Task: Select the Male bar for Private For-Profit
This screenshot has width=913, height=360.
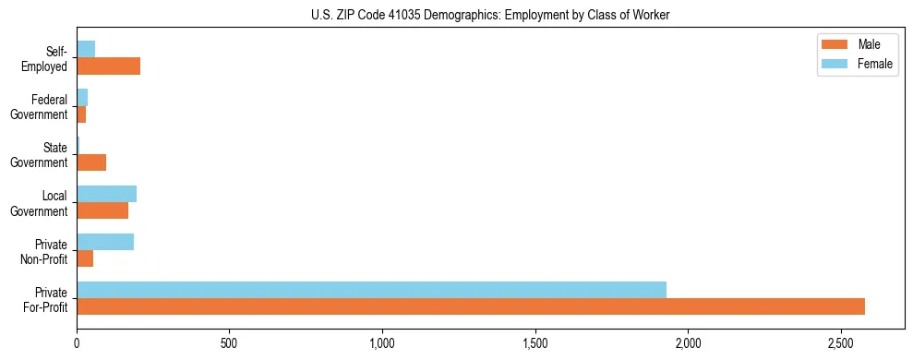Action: [470, 306]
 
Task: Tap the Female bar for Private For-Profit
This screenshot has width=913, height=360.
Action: [371, 290]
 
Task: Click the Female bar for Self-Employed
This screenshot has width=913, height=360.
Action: [86, 49]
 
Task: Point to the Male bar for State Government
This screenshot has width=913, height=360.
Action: [91, 162]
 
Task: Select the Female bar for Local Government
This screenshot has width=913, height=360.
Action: [106, 194]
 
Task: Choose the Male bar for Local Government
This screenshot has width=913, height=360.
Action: [102, 210]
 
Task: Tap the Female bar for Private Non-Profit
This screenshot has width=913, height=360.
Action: [105, 242]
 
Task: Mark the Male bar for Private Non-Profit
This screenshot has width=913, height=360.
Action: [85, 258]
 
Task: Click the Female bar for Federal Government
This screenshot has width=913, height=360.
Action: [82, 97]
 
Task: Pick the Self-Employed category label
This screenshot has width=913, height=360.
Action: [47, 57]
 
